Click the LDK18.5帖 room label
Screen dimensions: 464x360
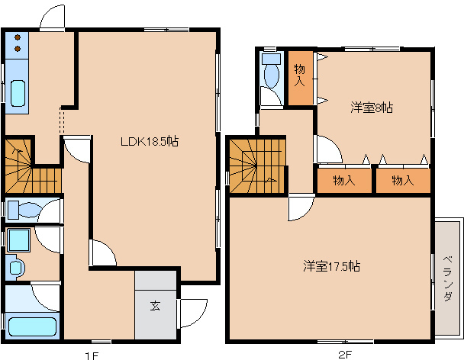150,141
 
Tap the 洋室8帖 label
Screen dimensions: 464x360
372,108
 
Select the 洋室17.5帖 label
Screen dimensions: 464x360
331,266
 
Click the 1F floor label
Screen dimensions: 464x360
92,355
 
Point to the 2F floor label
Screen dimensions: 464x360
345,354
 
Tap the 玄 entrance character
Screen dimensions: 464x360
155,306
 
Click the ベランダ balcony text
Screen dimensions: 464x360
448,278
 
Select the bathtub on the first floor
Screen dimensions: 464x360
32,326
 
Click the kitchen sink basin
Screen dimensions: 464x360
18,93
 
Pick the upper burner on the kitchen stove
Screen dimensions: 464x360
18,37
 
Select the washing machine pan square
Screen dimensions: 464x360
18,240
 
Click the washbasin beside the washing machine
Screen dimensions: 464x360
16,268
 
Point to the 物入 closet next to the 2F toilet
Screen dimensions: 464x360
301,78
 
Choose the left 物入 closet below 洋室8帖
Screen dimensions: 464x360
344,181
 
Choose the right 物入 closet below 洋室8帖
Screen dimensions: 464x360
403,181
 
